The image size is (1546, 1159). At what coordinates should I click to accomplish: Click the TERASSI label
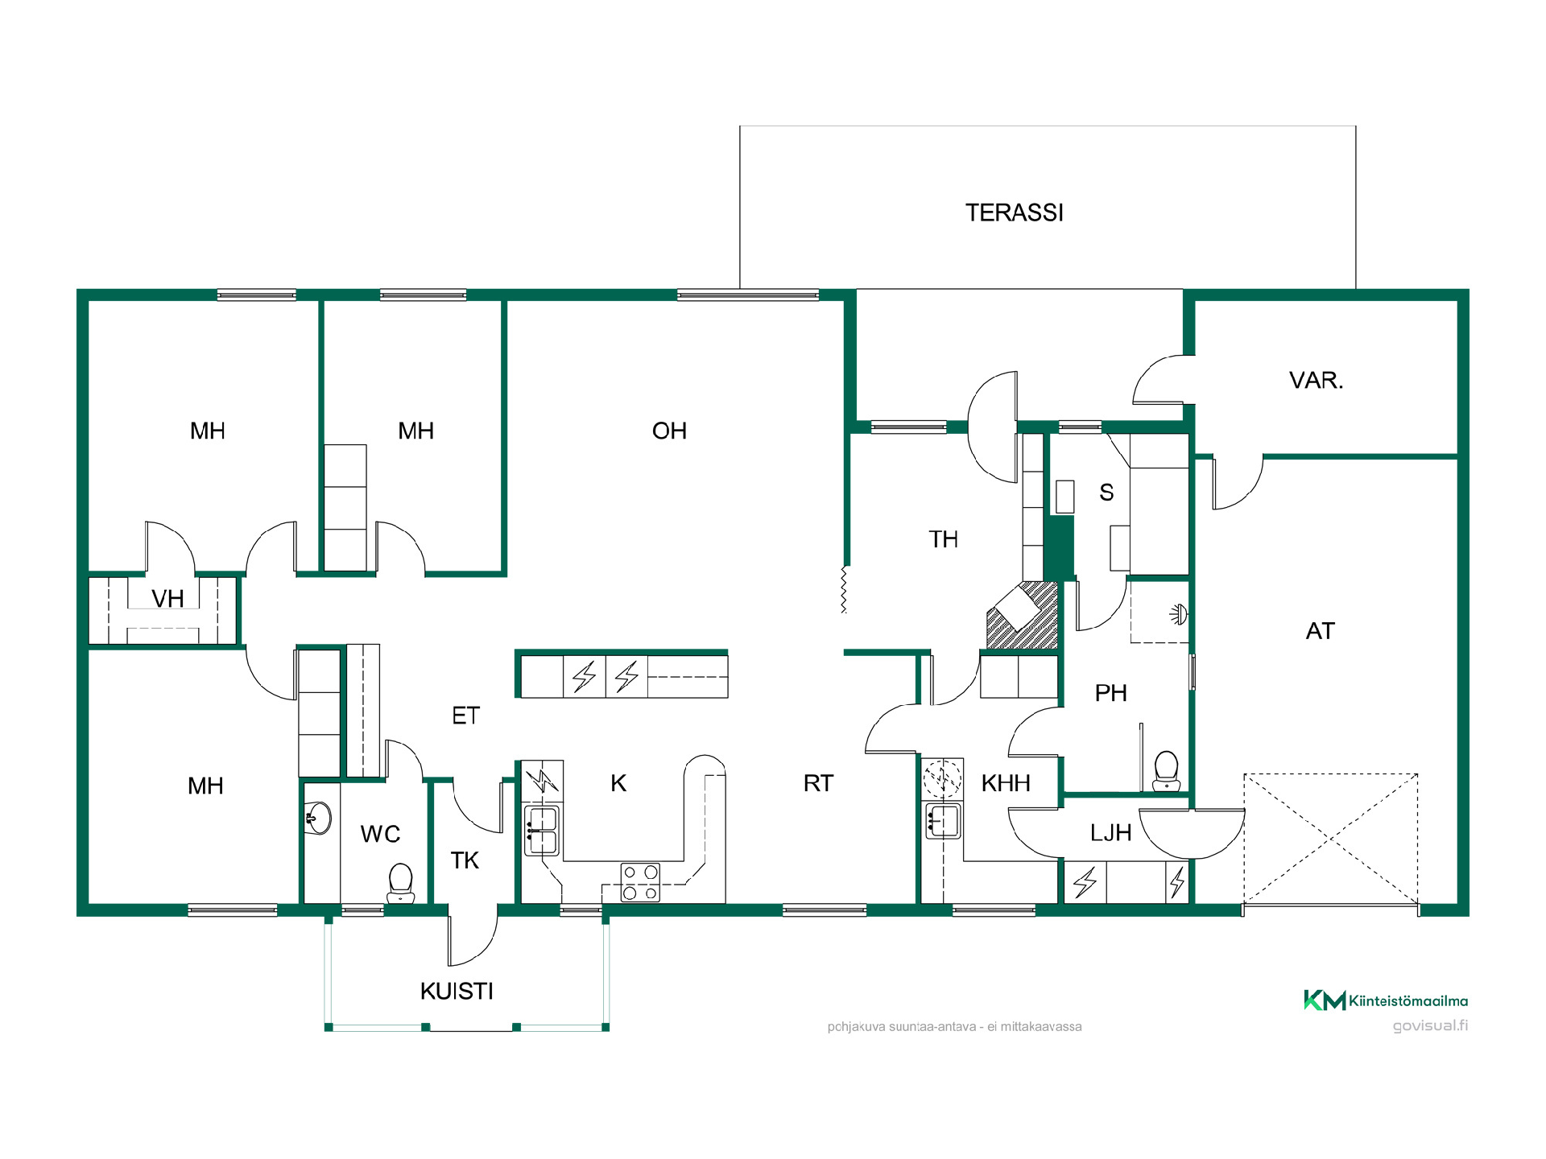click(x=1015, y=212)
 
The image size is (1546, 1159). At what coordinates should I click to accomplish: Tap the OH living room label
click(x=669, y=431)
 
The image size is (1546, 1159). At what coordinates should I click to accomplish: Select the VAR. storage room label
click(x=1317, y=380)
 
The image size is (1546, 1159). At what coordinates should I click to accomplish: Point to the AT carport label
click(x=1321, y=631)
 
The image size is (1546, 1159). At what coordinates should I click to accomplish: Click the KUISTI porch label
click(x=457, y=991)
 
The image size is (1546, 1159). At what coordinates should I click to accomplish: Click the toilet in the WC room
click(x=400, y=883)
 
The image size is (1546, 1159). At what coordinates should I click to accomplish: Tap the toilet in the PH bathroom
click(x=1166, y=771)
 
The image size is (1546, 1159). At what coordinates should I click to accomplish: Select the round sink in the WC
click(x=319, y=819)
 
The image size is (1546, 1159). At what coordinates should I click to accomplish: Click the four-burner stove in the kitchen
click(x=640, y=882)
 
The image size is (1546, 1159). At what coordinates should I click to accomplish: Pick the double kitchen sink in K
click(x=542, y=831)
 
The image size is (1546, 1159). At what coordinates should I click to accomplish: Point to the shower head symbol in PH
click(x=1179, y=615)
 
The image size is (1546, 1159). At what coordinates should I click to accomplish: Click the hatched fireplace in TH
click(x=1022, y=616)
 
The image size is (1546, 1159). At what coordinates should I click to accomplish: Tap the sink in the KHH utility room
click(x=943, y=821)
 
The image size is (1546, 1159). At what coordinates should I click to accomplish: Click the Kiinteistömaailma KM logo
click(x=1386, y=1000)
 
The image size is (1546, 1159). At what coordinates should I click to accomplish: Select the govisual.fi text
click(x=1430, y=1025)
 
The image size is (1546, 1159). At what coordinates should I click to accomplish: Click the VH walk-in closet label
click(x=167, y=599)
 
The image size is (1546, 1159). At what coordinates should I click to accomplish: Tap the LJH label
click(x=1110, y=833)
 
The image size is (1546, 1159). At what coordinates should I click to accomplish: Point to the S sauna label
click(x=1106, y=493)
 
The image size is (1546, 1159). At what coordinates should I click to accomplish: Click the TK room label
click(x=465, y=860)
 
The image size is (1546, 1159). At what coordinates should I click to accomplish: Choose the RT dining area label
click(x=818, y=783)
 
